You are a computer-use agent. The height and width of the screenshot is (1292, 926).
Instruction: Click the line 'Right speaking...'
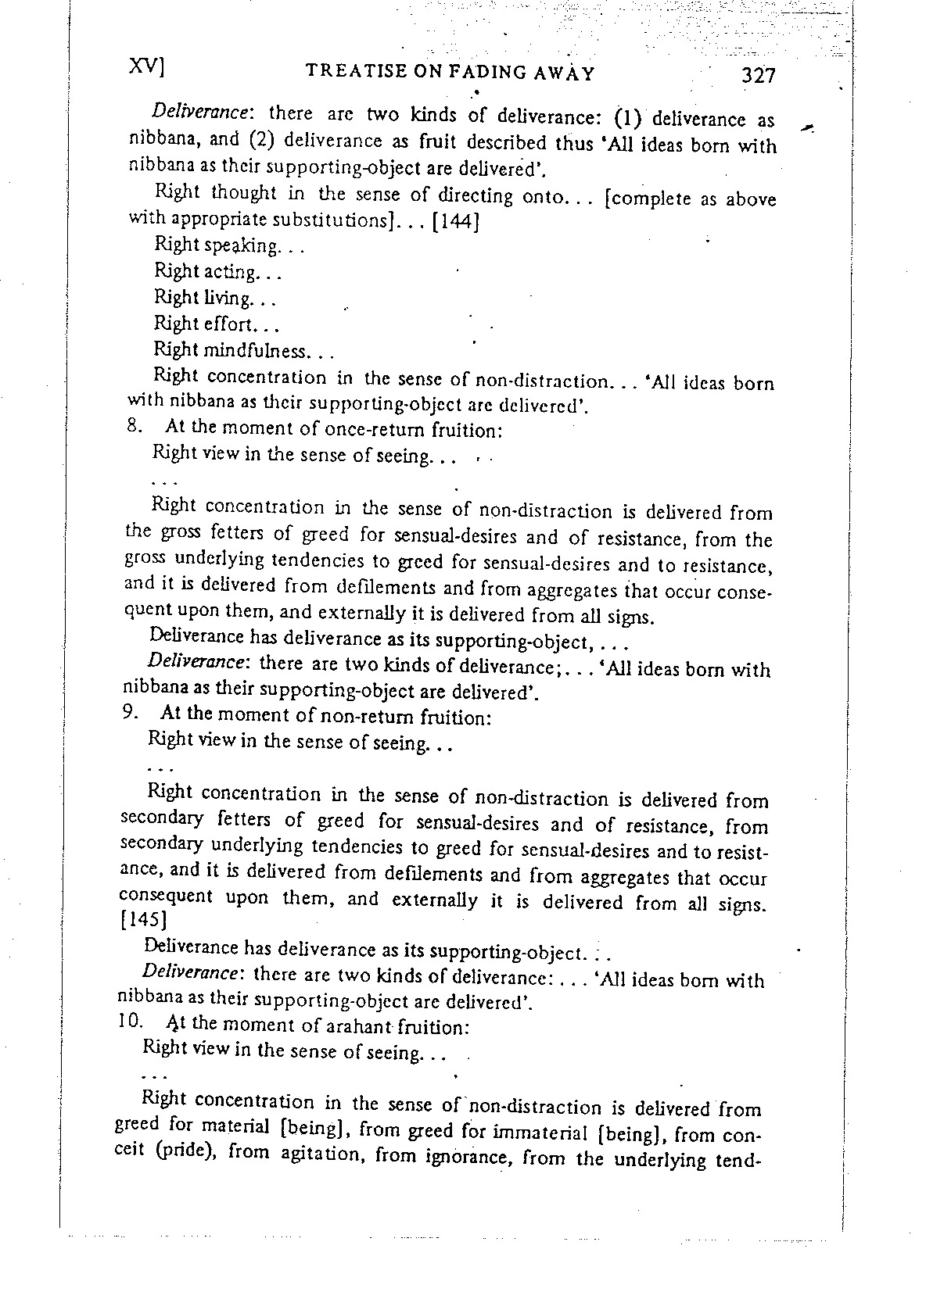228,246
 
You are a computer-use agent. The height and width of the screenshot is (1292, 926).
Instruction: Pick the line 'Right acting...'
217,272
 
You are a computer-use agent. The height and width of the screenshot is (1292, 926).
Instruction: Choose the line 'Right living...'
215,299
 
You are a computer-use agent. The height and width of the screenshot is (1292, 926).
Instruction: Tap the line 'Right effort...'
217,324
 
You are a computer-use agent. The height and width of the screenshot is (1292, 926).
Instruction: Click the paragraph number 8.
132,427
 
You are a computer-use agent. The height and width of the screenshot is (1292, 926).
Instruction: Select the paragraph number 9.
131,713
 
